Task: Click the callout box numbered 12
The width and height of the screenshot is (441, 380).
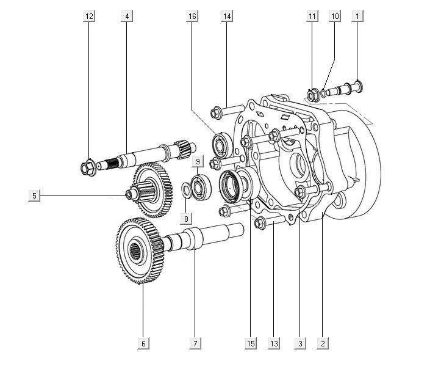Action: pos(89,16)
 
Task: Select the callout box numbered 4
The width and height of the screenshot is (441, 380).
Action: pos(127,16)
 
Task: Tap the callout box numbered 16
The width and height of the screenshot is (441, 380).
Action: pos(192,16)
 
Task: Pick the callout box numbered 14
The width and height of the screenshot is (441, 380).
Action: pos(227,16)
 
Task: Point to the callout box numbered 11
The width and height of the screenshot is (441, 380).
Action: pos(312,16)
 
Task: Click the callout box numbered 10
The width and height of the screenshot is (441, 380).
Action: pos(335,16)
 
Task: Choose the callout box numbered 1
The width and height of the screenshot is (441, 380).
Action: pos(357,16)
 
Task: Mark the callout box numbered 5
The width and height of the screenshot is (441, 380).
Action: pos(34,195)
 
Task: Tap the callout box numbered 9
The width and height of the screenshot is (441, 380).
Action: pos(198,161)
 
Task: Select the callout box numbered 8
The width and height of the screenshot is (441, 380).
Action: pos(186,218)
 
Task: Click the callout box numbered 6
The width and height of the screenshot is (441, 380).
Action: pos(143,343)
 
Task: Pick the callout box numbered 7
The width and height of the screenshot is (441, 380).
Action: pos(195,343)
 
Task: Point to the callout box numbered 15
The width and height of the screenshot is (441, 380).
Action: pos(251,343)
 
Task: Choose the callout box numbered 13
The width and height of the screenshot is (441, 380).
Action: pos(274,343)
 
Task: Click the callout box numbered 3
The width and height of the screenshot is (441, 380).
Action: pos(300,343)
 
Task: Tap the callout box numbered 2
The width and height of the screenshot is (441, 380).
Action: pos(323,343)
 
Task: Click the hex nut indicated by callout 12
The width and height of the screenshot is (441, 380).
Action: pos(88,168)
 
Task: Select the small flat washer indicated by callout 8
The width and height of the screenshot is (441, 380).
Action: pos(186,190)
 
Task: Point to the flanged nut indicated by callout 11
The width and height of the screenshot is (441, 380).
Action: pos(313,95)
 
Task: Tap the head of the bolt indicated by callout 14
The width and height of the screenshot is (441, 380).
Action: pos(217,113)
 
